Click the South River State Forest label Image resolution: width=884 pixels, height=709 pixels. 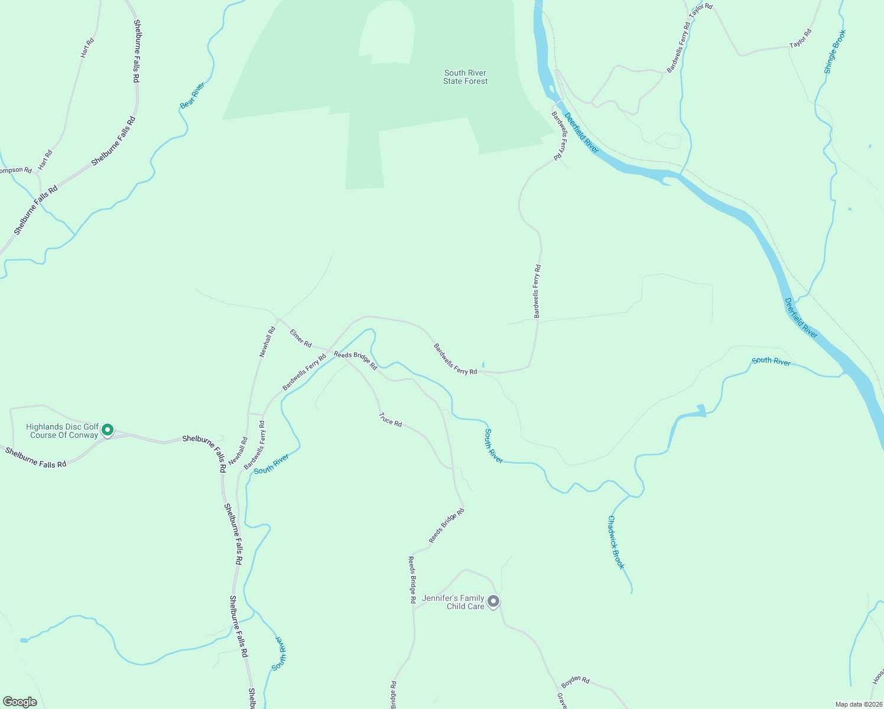(466, 77)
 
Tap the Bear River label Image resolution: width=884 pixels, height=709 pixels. (192, 95)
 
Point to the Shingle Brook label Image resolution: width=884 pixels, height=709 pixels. (835, 51)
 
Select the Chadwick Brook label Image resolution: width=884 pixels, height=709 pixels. (616, 542)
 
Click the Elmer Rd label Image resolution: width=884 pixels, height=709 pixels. (301, 337)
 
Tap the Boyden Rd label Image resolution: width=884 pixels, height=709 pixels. (575, 681)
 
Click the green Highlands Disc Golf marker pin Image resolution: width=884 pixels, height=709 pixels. (108, 430)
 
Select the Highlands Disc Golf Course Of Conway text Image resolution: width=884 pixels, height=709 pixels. (63, 431)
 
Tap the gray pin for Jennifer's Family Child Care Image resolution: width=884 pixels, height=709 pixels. (493, 601)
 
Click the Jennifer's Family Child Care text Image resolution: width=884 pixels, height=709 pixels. (453, 602)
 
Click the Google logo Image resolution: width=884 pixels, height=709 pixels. (19, 702)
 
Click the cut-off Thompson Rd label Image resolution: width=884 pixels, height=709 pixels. (15, 170)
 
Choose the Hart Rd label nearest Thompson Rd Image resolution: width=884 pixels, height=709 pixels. (45, 160)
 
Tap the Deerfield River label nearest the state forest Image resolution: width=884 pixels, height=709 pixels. (581, 133)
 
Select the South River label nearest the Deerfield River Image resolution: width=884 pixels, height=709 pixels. (771, 361)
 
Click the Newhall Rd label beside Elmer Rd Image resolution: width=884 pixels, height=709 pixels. (268, 342)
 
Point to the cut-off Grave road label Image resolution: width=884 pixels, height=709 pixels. (562, 701)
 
